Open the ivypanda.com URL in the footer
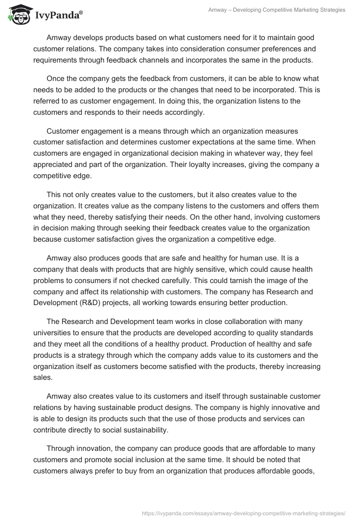click(x=243, y=513)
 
